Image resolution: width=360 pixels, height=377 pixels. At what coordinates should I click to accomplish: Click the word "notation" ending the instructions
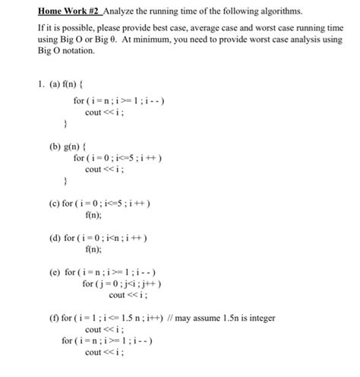point(76,52)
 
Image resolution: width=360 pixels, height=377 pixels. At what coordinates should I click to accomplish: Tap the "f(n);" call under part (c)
point(93,216)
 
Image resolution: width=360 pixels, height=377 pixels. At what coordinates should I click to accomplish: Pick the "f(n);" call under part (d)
point(93,249)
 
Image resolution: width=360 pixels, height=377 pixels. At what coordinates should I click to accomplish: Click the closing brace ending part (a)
point(65,123)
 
